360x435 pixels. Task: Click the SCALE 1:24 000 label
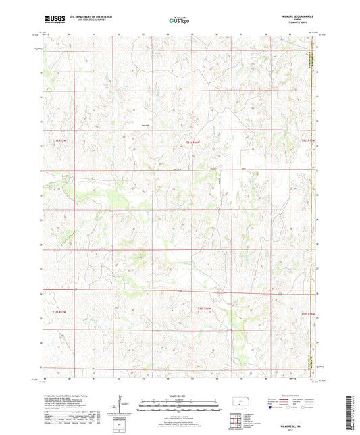pyautogui.click(x=180, y=396)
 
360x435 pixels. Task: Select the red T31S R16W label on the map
pyautogui.click(x=194, y=143)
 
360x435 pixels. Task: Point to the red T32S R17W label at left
pyautogui.click(x=60, y=303)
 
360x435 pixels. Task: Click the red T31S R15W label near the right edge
pyautogui.click(x=308, y=140)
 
